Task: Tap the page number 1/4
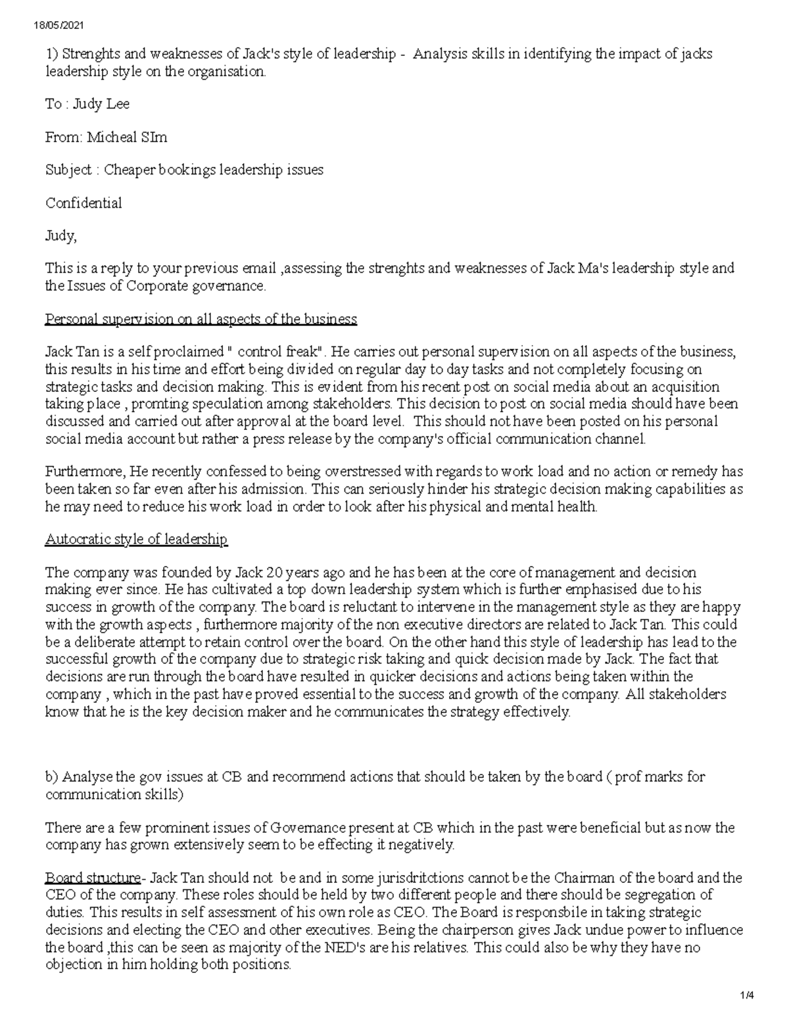746,995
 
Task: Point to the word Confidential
84,202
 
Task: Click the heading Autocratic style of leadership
136,540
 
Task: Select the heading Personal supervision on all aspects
201,320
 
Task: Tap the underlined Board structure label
93,878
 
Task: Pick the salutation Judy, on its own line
60,235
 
